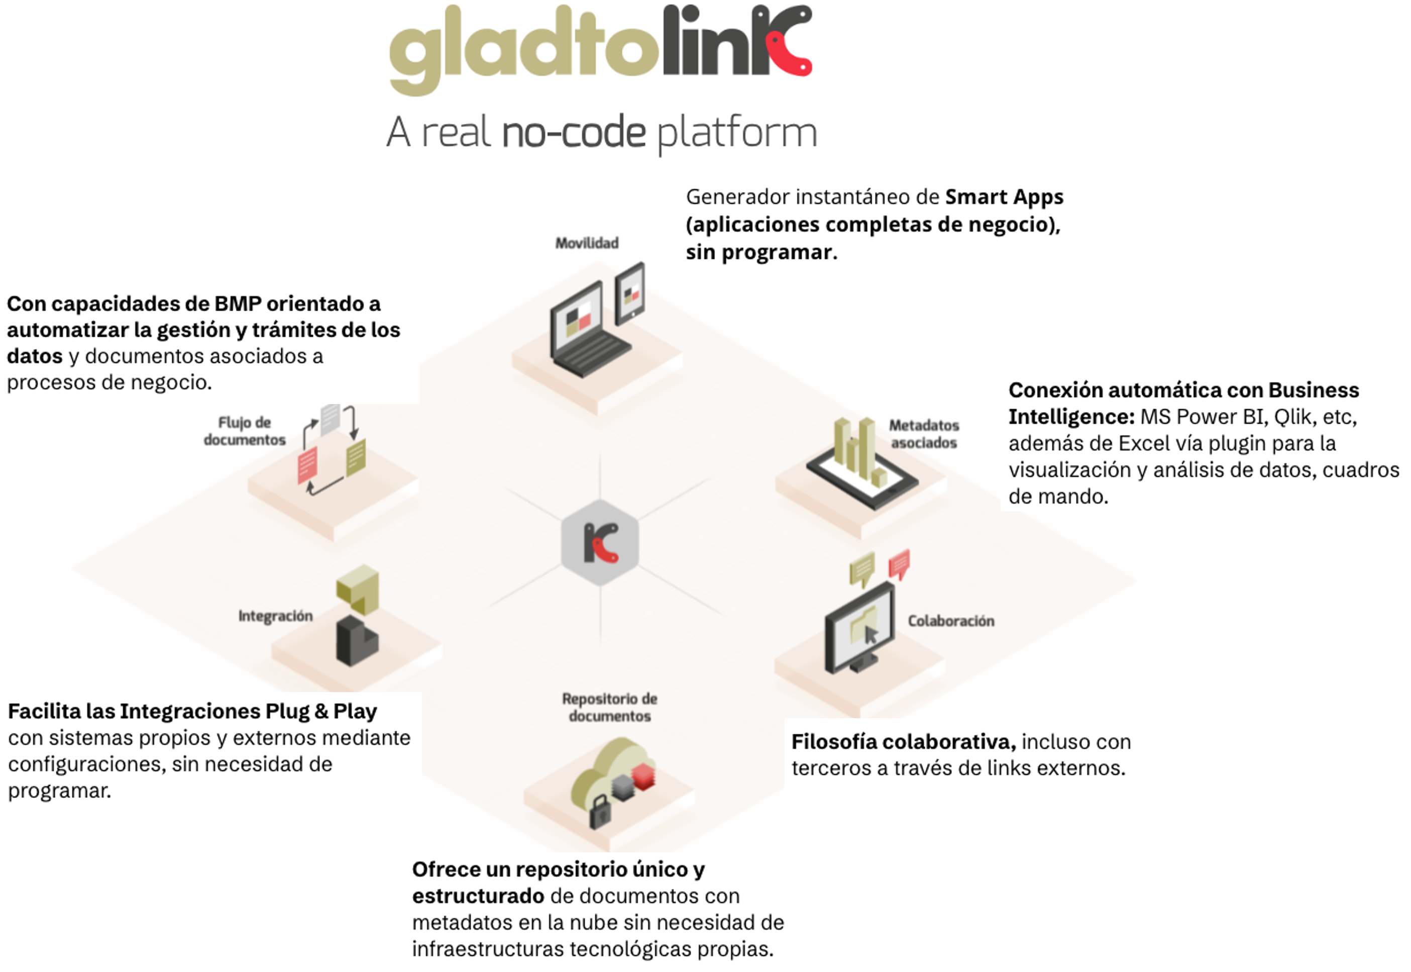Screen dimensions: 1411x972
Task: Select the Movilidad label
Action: tap(587, 243)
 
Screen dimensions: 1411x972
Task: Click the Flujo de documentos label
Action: tap(245, 431)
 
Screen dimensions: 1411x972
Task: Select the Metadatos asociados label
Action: tap(924, 434)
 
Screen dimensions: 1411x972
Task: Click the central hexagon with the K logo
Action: tap(600, 542)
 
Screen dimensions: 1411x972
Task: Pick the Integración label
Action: tap(275, 616)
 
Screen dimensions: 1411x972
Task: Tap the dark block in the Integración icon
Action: tap(357, 641)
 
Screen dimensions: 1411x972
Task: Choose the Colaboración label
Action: tap(951, 621)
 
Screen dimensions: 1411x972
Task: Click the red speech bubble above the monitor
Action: tap(899, 564)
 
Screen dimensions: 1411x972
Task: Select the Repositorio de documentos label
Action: tap(610, 707)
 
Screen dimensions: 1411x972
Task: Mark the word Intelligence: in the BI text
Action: tap(1071, 417)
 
